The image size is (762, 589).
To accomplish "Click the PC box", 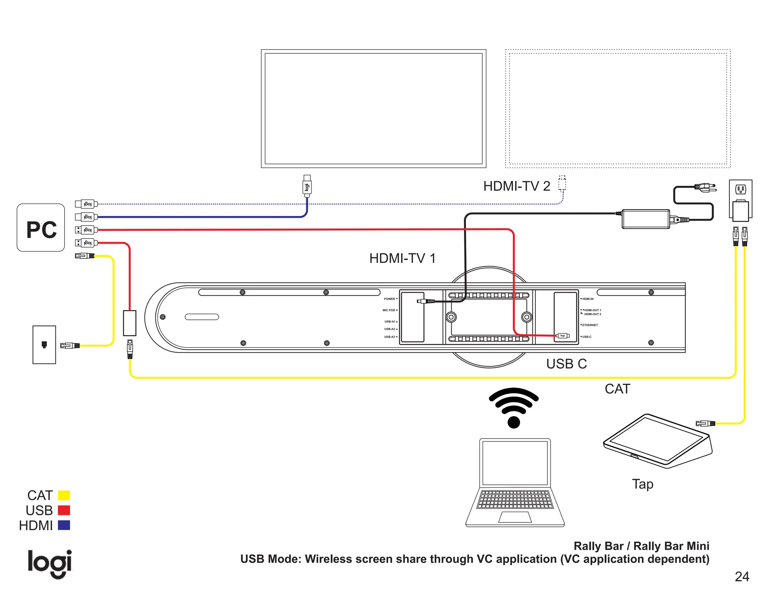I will pyautogui.click(x=41, y=227).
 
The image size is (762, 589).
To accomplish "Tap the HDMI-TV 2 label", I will pyautogui.click(x=516, y=186).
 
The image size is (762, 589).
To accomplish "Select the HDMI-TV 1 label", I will pyautogui.click(x=402, y=258).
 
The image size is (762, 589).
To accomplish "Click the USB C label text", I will pyautogui.click(x=566, y=364).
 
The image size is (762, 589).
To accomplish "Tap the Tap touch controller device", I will pyautogui.click(x=657, y=441).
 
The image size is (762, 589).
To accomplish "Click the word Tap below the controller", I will pyautogui.click(x=643, y=484).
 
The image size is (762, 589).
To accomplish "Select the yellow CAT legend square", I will pyautogui.click(x=64, y=496).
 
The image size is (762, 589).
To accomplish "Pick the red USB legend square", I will pyautogui.click(x=64, y=510).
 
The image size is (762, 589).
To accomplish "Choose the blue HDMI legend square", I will pyautogui.click(x=64, y=525).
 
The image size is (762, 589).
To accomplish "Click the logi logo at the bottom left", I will pyautogui.click(x=50, y=563).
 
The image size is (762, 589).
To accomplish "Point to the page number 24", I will pyautogui.click(x=742, y=577).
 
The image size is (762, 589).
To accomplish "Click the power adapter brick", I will pyautogui.click(x=646, y=219).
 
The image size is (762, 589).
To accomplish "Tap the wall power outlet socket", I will pyautogui.click(x=740, y=190).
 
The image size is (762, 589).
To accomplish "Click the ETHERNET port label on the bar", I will pyautogui.click(x=590, y=325).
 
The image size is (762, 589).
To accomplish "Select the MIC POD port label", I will pyautogui.click(x=389, y=310).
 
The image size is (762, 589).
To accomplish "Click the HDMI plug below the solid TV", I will pyautogui.click(x=307, y=186).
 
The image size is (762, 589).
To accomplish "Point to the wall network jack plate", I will pyautogui.click(x=44, y=345).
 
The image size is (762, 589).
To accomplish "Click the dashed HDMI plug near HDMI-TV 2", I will pyautogui.click(x=562, y=184).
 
